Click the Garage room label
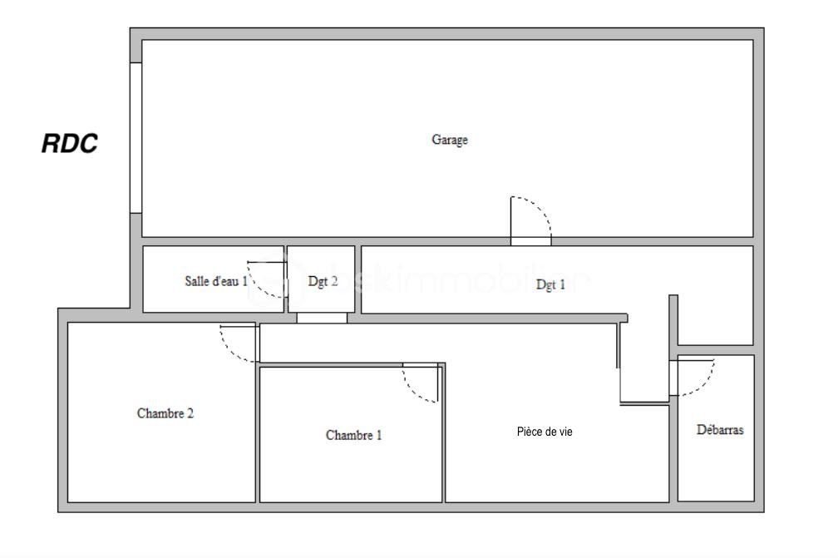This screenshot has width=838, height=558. (x=449, y=140)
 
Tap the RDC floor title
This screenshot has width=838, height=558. (x=70, y=144)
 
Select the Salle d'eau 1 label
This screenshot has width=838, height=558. (x=215, y=281)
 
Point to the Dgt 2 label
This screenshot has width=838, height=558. (x=323, y=282)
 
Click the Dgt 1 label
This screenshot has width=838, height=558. (x=550, y=284)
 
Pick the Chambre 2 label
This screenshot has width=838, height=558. (x=165, y=412)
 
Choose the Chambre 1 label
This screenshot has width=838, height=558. (x=354, y=435)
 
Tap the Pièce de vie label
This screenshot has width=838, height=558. (x=545, y=432)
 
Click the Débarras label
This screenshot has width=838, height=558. (x=720, y=430)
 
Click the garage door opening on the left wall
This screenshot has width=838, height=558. (x=136, y=137)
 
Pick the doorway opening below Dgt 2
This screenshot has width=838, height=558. (x=322, y=318)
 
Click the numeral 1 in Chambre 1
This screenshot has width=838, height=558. (x=378, y=435)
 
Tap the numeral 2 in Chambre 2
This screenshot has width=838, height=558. (x=190, y=412)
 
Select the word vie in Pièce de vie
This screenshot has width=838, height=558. (x=564, y=432)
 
